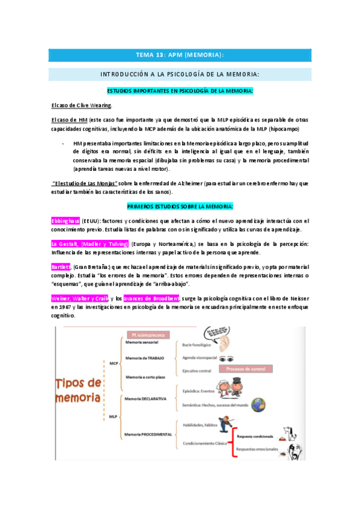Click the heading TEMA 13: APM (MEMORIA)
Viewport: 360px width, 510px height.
point(180,55)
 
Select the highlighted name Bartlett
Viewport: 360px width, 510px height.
point(61,266)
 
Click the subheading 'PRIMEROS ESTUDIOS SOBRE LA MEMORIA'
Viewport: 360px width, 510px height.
point(180,207)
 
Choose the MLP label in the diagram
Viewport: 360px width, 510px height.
point(113,415)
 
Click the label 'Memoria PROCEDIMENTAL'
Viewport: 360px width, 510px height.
point(148,434)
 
